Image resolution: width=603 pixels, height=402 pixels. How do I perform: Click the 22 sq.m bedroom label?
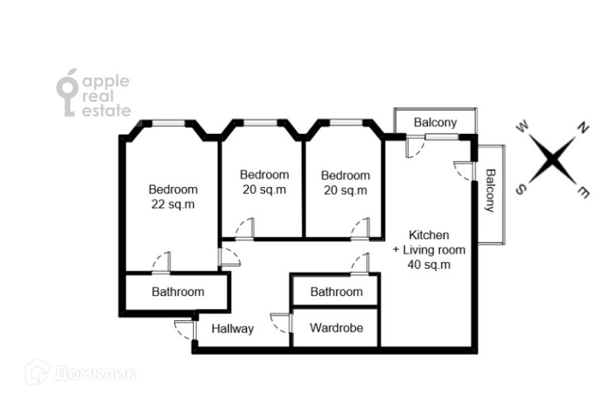pos(174,197)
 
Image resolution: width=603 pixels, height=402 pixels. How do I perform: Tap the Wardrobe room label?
pos(336,328)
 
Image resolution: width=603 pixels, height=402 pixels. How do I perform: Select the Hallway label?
pos(232,329)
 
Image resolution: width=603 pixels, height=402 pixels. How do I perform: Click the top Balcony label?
pos(435,123)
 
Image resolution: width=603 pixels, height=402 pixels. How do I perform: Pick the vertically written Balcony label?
pos(490,190)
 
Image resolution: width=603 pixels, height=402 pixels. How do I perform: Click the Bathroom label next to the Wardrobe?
pos(336,292)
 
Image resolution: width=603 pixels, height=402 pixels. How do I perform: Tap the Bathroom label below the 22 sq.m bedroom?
pos(178,292)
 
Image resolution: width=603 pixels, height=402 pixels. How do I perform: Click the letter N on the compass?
pos(583,128)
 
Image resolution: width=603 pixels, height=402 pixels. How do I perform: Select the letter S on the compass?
pos(519,190)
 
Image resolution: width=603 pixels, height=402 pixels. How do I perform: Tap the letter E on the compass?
pos(584,192)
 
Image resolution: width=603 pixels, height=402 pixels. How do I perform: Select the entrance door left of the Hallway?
pos(186,330)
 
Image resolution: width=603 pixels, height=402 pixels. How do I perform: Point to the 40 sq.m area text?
pos(429,264)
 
